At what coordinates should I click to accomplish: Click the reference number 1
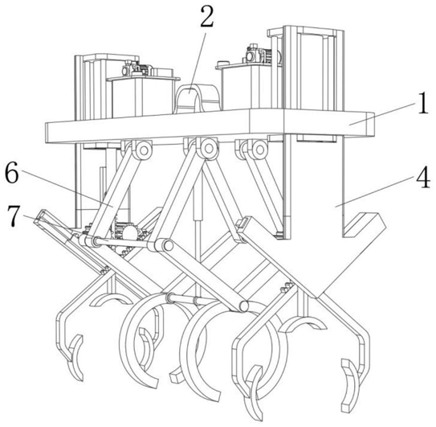click(x=423, y=104)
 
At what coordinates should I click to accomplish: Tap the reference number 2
click(x=207, y=17)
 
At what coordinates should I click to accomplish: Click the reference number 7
click(x=14, y=216)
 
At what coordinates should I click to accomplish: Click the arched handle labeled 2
click(x=198, y=97)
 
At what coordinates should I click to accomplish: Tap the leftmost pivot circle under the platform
click(x=144, y=150)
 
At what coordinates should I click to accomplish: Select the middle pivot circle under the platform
click(x=207, y=148)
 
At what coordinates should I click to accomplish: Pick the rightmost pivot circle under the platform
click(x=259, y=150)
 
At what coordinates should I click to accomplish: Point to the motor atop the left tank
click(x=137, y=69)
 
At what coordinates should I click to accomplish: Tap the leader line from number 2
click(x=198, y=63)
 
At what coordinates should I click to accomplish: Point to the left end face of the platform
click(x=47, y=133)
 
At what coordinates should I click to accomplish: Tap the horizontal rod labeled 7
click(x=121, y=243)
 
